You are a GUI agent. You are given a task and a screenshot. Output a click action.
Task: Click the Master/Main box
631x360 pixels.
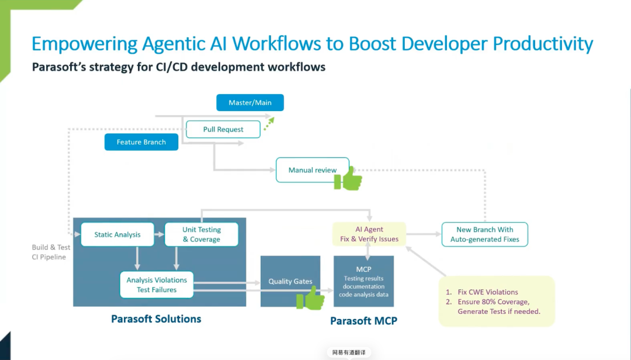click(250, 103)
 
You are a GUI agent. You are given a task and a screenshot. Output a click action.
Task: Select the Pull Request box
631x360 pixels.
click(223, 129)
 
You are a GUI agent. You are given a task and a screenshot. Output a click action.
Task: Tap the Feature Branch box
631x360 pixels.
click(141, 142)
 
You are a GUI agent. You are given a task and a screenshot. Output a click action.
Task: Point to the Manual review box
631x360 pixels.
click(312, 170)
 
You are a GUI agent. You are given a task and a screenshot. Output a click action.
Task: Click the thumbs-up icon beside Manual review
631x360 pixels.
click(348, 179)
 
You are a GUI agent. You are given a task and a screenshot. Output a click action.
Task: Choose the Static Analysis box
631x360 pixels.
click(117, 234)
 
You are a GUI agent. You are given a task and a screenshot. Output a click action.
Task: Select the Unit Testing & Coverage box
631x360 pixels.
click(202, 234)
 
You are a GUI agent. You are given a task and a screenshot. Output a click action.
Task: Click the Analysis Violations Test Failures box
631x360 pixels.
click(157, 285)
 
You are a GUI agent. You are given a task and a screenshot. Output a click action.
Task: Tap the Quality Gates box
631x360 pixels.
click(290, 281)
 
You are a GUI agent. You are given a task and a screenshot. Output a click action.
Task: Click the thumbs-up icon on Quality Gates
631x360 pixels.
click(311, 299)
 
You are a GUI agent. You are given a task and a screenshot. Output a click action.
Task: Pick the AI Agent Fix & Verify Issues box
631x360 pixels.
click(369, 234)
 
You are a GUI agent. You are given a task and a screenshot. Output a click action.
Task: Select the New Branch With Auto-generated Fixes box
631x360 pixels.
click(485, 234)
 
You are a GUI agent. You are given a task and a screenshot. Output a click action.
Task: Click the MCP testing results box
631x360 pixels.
click(364, 281)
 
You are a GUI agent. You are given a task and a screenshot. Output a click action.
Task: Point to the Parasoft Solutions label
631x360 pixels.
click(156, 319)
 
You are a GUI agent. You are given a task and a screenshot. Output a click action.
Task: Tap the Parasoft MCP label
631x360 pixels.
click(364, 321)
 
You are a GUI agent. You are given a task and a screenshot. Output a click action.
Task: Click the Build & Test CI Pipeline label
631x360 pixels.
click(51, 252)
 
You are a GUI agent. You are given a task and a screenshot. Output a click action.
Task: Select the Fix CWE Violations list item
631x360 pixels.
click(482, 292)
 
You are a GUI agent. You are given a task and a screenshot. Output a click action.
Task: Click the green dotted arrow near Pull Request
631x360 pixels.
click(269, 124)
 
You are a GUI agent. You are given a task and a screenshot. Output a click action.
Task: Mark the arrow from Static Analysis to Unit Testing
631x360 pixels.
click(160, 234)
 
